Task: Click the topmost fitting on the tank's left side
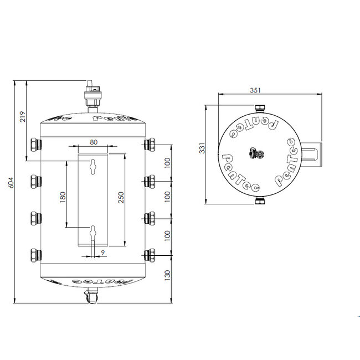pos(34,145)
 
